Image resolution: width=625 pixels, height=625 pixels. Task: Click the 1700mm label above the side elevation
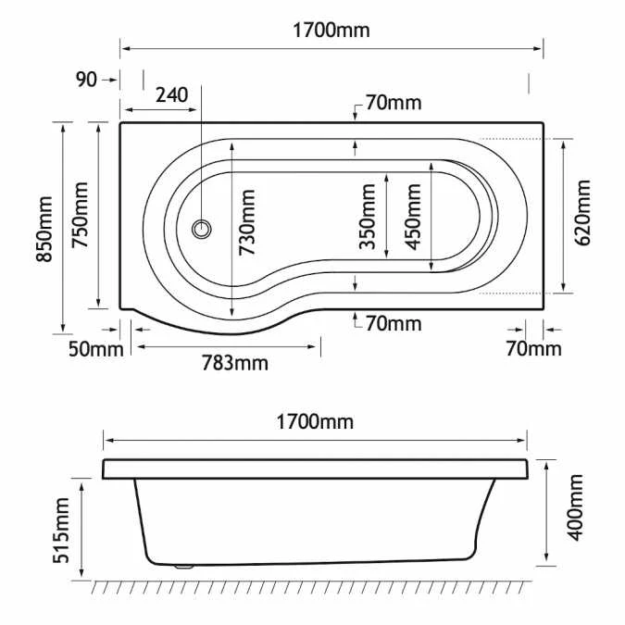pyautogui.click(x=316, y=423)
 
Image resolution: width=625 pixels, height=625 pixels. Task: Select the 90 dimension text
pyautogui.click(x=86, y=81)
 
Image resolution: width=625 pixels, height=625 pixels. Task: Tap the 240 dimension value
pyautogui.click(x=171, y=94)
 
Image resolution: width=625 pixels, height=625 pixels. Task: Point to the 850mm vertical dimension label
pyautogui.click(x=43, y=228)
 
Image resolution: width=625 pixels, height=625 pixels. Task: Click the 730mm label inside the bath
pyautogui.click(x=246, y=221)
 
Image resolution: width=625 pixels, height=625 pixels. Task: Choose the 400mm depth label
pyautogui.click(x=576, y=507)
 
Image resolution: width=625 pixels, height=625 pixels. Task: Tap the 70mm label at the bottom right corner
pyautogui.click(x=534, y=349)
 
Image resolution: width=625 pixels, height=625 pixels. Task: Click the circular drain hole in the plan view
pyautogui.click(x=199, y=228)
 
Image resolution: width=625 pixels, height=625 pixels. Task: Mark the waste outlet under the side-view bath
pyautogui.click(x=183, y=564)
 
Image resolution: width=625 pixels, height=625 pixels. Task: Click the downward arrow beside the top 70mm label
pyautogui.click(x=356, y=113)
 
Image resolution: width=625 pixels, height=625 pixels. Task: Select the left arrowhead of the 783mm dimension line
pyautogui.click(x=138, y=347)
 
